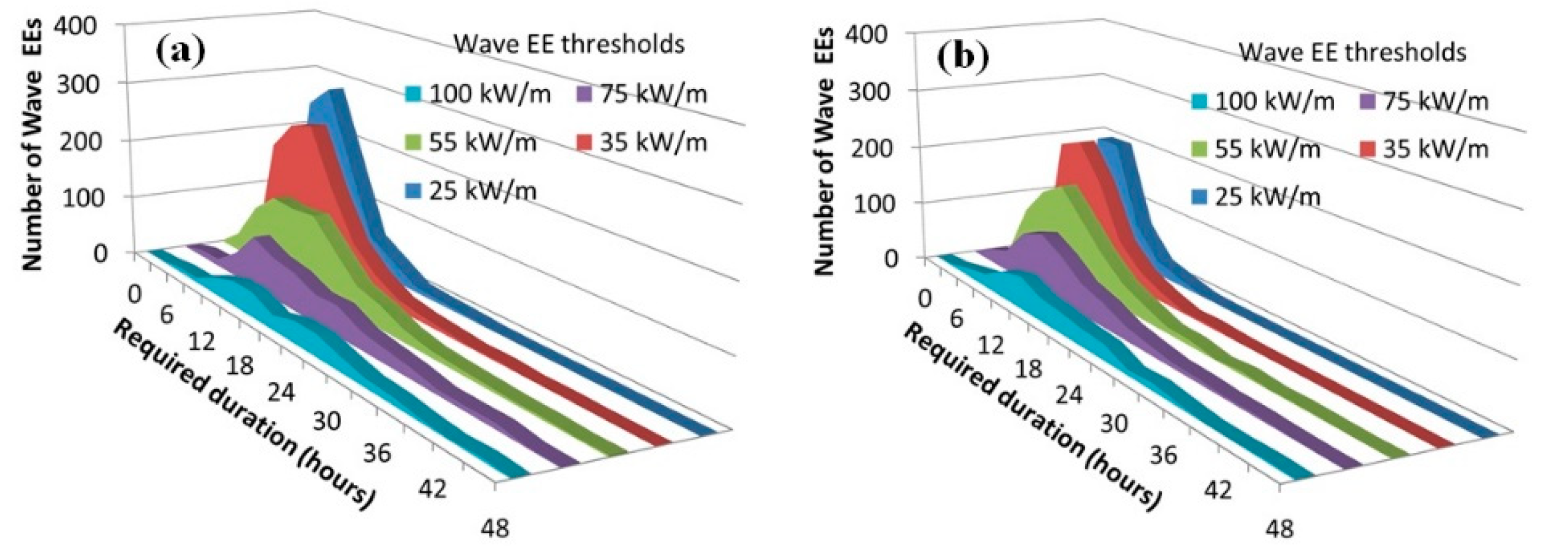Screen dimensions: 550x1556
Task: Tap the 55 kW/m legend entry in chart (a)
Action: [x=471, y=143]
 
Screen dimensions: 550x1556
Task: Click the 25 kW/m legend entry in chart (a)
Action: [x=471, y=191]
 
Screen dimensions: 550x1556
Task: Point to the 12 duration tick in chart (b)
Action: [x=991, y=344]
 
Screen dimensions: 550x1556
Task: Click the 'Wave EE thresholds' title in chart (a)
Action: [x=569, y=44]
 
